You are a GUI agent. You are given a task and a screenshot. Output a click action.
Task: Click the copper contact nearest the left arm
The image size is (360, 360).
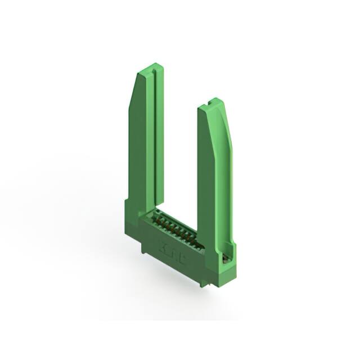pos(159,217)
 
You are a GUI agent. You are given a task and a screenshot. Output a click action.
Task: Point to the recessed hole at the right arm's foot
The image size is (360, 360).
pos(226,258)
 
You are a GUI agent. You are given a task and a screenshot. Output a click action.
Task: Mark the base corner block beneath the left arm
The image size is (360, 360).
pos(132,222)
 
